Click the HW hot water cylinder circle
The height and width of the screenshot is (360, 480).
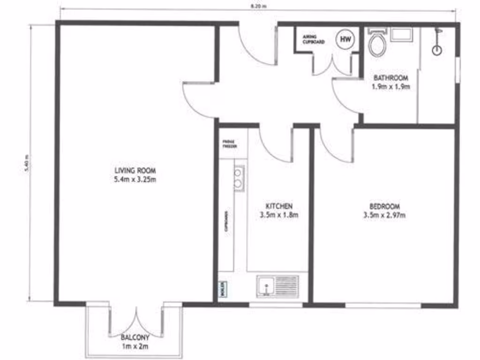pos(345,39)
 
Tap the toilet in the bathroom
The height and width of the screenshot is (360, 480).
pos(377,44)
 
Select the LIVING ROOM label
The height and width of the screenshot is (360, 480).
pos(135,170)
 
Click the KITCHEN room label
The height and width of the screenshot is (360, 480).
pos(279,206)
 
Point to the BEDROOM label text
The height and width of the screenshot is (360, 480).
pos(384,206)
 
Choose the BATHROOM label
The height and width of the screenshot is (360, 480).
pos(391,78)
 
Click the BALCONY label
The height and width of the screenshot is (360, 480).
pos(135,337)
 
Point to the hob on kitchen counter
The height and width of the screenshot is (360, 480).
pos(239,180)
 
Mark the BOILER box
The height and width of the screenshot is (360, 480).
pos(221,288)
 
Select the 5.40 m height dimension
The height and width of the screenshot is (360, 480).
pos(27,164)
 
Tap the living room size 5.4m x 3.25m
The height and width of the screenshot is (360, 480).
pos(135,180)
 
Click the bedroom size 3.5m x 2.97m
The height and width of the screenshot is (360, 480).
pos(384,216)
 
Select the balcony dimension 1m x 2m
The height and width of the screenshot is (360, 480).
pos(135,347)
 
